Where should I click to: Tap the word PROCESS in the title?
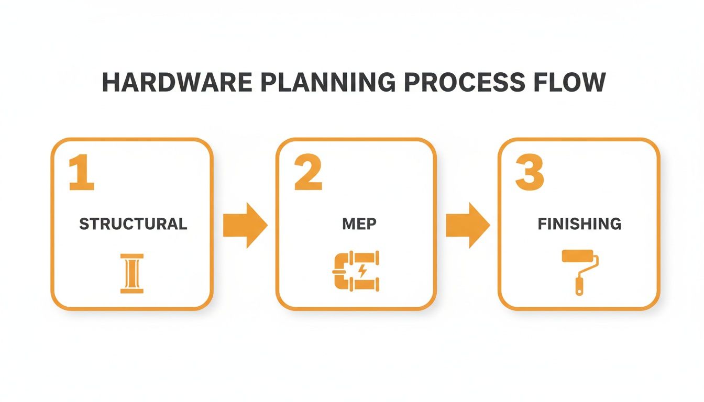coord(461,83)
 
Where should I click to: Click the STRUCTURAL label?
coord(133,224)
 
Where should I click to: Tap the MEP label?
coord(359,224)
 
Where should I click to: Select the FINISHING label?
coord(579,224)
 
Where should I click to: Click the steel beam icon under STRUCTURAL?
coord(132,273)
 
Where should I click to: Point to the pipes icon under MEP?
coord(356,271)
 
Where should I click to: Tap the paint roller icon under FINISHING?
coord(580,272)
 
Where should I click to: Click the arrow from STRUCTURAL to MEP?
coord(245,225)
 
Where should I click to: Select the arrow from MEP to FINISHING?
coord(468,225)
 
